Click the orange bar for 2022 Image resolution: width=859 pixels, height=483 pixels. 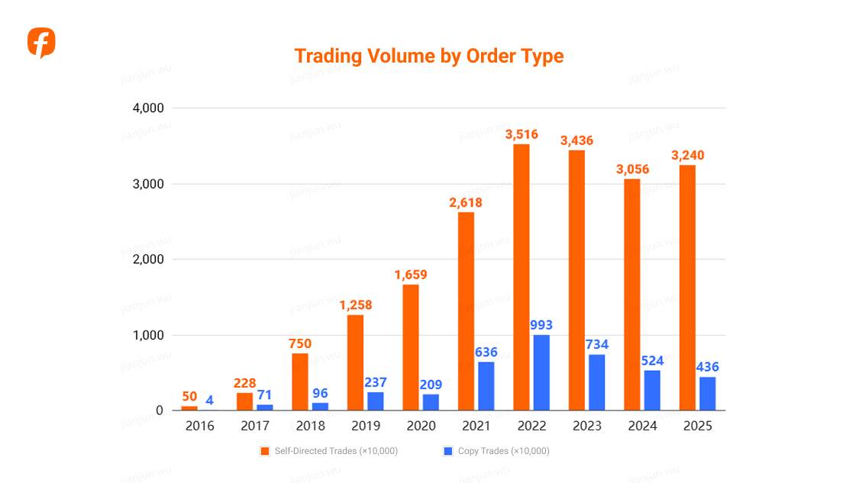point(521,277)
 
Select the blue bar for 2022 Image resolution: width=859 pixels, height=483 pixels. point(541,372)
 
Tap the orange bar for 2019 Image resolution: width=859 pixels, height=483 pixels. point(355,362)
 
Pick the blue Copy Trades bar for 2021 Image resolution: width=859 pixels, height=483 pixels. point(486,386)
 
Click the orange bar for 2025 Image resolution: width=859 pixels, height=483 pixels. point(687,288)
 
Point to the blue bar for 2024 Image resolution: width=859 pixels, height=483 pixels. point(652,390)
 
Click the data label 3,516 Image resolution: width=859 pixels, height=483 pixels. point(522,134)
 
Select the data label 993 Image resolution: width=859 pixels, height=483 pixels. point(541,325)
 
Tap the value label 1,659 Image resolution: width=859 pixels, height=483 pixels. point(411,275)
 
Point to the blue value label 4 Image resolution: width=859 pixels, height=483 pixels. point(209,400)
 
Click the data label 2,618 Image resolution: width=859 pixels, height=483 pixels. point(466,202)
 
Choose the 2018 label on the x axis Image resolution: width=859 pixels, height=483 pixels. point(310,426)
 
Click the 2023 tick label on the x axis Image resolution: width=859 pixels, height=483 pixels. point(586,426)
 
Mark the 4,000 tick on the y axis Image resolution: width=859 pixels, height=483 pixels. point(148,108)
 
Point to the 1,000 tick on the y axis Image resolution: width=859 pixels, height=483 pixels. point(148,335)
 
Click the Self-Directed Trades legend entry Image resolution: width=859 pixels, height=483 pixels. point(329,451)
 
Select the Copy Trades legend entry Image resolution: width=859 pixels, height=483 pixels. point(496,451)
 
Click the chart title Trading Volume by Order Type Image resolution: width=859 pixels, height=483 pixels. point(429,56)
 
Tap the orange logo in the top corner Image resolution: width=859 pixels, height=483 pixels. point(41,43)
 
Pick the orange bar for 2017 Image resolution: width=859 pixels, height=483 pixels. point(244,401)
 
